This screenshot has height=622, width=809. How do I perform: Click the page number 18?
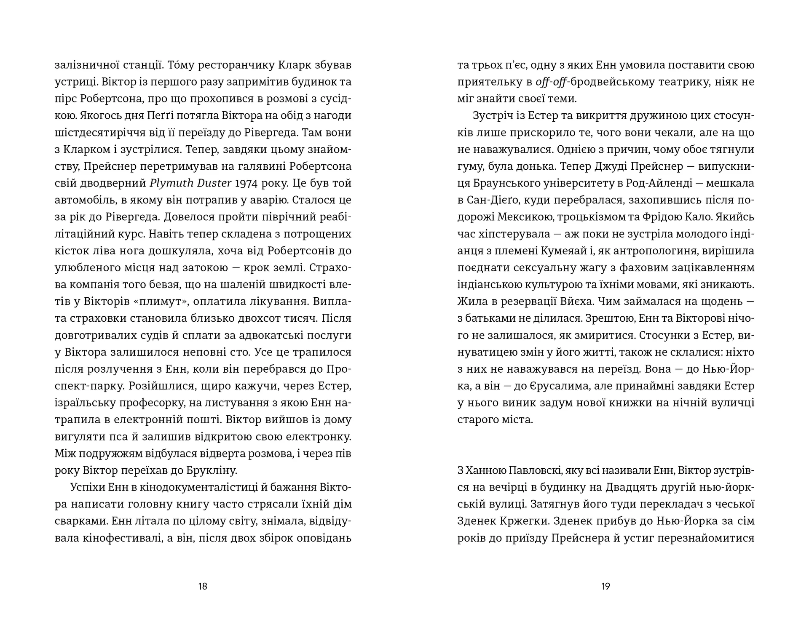pyautogui.click(x=203, y=586)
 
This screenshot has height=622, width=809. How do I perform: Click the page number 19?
pyautogui.click(x=605, y=586)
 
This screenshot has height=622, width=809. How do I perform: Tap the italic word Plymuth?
pyautogui.click(x=170, y=183)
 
